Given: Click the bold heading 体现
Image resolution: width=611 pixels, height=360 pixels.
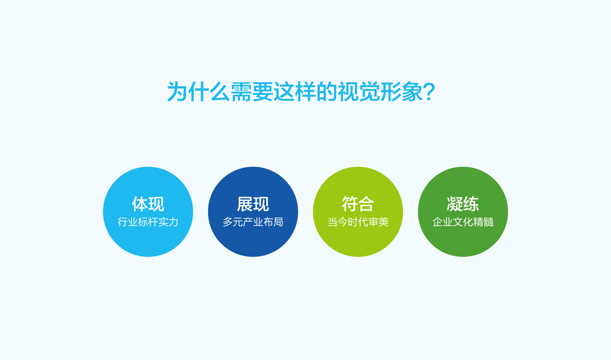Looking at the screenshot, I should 148,204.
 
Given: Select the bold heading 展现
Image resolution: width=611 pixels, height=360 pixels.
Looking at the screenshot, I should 253,204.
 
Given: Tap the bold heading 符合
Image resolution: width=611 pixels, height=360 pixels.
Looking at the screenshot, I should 357,204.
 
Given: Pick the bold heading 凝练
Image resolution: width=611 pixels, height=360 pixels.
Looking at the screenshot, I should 462,204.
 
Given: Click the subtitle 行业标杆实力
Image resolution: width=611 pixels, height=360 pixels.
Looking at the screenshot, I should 148,223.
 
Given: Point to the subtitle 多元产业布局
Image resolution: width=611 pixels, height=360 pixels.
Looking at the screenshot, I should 253,223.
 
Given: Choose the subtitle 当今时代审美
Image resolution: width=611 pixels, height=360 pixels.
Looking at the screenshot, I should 357,223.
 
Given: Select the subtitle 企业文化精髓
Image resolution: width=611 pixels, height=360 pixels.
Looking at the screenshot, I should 462,223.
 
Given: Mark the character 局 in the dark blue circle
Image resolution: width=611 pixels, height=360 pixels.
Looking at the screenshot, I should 278,223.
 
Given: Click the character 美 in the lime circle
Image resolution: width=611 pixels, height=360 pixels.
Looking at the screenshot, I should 383,223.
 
